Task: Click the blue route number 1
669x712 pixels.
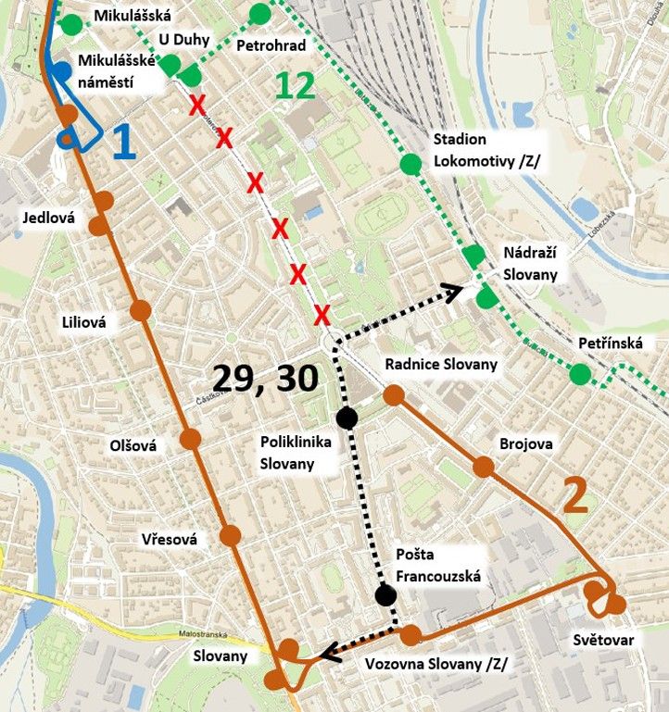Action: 122,143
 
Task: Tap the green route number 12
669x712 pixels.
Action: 295,86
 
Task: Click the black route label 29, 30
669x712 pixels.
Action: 266,378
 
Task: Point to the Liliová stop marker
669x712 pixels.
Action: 141,310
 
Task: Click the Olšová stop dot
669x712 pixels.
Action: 191,438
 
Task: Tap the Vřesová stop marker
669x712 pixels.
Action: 231,534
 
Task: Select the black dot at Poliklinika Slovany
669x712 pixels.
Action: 347,418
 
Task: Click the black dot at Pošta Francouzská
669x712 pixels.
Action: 385,595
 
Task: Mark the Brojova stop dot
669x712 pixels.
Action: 482,466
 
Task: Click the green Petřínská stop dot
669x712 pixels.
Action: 580,374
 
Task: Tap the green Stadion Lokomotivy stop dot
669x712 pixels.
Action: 410,165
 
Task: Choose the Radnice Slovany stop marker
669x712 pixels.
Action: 393,395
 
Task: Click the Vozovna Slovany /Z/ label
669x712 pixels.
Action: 436,664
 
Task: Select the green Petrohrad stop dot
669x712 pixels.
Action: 260,13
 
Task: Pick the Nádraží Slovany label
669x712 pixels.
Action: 530,263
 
